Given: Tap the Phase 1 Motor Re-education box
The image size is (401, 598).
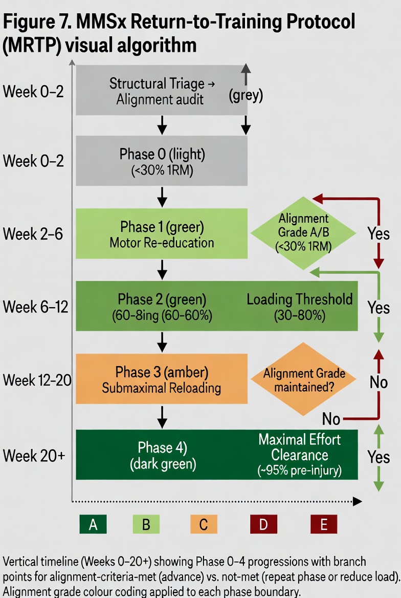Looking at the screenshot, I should pos(162,233).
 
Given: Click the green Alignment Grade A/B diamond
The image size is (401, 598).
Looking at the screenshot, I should pos(303,232).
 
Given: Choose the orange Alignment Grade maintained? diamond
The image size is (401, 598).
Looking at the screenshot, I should pos(304,379).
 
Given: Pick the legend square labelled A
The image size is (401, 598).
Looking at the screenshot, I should pos(93,525).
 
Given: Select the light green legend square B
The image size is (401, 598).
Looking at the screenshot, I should pos(146,525).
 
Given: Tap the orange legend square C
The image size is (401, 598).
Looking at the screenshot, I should pos(204,525).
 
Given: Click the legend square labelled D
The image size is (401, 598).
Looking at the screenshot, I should pos(263,525).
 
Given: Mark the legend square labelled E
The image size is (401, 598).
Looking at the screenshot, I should pos(324,525).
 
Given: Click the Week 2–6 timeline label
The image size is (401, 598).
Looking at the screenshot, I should pos(34,234).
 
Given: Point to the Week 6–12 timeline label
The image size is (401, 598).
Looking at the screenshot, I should pos(36,307).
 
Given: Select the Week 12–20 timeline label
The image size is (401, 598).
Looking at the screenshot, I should pos(37,380).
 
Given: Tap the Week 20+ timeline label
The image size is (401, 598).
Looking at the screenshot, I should pos(34,455).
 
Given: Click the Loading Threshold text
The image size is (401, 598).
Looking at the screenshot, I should pos(300,299).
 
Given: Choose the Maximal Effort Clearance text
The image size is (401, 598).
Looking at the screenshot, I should pos(300,447).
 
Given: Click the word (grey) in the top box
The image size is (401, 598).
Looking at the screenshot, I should pos(246,96).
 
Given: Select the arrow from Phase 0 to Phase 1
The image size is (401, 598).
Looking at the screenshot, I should pos(162,197).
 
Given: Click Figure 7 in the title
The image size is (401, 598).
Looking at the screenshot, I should pos(35,23).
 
